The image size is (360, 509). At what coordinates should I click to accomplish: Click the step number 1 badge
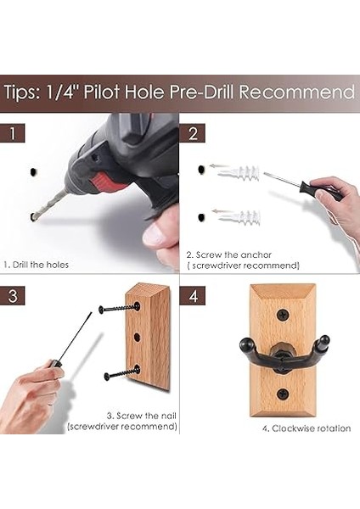[13, 133]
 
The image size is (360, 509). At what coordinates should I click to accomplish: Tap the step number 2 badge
[193, 133]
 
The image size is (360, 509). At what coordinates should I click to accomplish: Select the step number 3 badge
[13, 296]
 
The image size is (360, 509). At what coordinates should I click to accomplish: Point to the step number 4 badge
[193, 296]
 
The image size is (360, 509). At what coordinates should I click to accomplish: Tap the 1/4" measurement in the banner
[62, 92]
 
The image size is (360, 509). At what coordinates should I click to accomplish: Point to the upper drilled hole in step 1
[33, 171]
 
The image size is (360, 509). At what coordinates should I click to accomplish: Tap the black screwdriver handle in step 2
[321, 191]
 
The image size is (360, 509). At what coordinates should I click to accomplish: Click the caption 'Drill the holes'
[36, 265]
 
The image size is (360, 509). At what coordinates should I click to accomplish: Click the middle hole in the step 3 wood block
[137, 338]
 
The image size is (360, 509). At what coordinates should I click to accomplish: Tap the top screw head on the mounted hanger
[283, 314]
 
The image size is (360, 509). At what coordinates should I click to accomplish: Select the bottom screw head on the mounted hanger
[283, 394]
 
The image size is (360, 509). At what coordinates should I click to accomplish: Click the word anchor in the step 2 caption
[256, 255]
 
